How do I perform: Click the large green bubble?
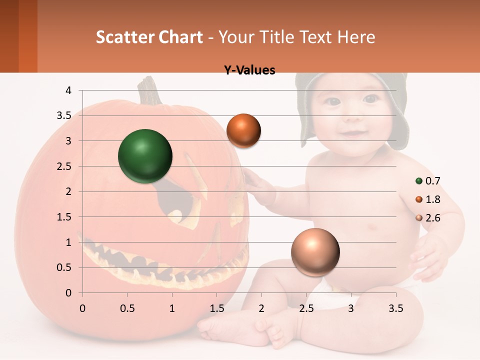pyautogui.click(x=145, y=156)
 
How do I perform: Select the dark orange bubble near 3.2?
pyautogui.click(x=243, y=130)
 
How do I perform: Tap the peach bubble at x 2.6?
pyautogui.click(x=315, y=252)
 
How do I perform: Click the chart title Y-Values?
pyautogui.click(x=249, y=70)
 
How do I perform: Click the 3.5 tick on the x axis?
pyautogui.click(x=395, y=308)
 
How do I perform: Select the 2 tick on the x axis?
pyautogui.click(x=261, y=308)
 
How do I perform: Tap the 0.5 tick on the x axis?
pyautogui.click(x=127, y=308)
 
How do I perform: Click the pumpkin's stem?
pyautogui.click(x=149, y=90)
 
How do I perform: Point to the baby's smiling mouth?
pyautogui.click(x=353, y=134)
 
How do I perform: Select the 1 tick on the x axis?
pyautogui.click(x=172, y=308)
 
